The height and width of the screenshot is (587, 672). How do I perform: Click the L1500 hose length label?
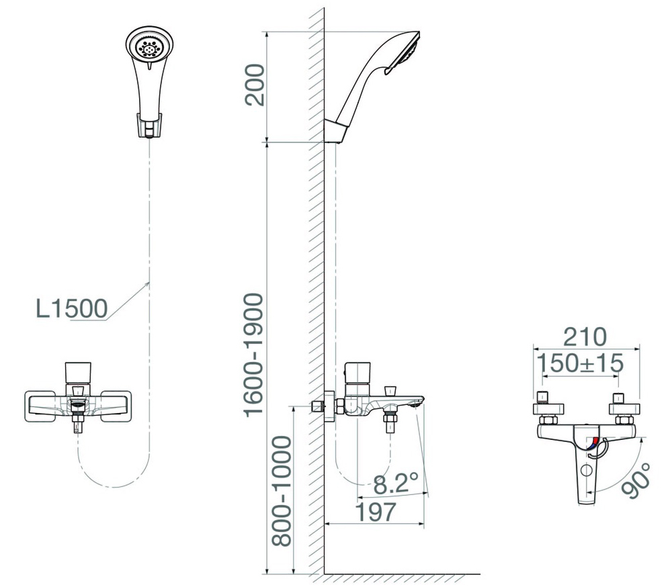pyautogui.click(x=71, y=308)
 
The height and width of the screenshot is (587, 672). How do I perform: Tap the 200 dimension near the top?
pyautogui.click(x=255, y=85)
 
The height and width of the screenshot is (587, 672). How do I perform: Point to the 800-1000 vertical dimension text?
pyautogui.click(x=282, y=490)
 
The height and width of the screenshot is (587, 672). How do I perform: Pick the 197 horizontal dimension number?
pyautogui.click(x=376, y=511)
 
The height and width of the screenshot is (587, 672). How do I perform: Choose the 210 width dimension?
pyautogui.click(x=585, y=336)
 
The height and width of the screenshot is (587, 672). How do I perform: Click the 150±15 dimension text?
pyautogui.click(x=581, y=363)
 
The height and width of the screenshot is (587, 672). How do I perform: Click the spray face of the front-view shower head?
pyautogui.click(x=150, y=48)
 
